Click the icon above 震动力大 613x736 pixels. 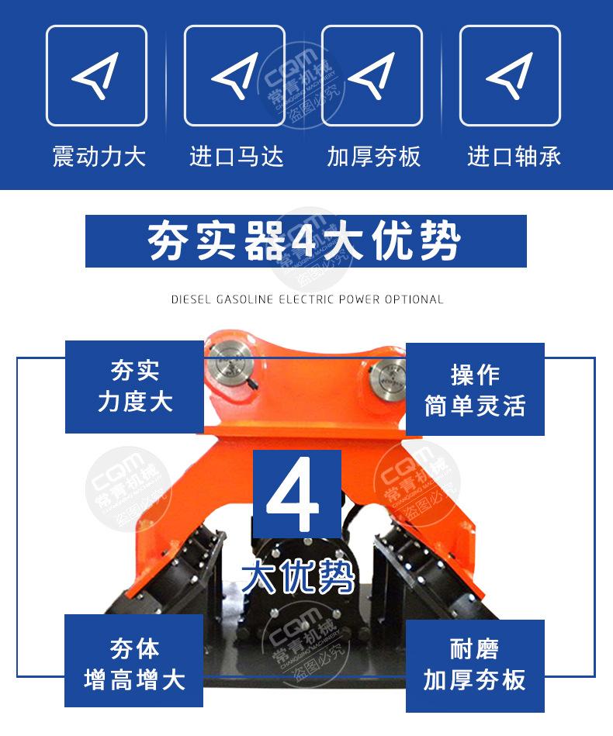click(96, 75)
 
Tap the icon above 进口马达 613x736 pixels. click(234, 75)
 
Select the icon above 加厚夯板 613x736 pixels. click(372, 75)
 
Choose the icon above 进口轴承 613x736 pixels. click(510, 75)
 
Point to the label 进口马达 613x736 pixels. click(237, 157)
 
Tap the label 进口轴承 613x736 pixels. click(514, 157)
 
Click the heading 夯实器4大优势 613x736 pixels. click(306, 241)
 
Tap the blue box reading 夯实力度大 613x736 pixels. click(134, 387)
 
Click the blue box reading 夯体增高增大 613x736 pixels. click(133, 662)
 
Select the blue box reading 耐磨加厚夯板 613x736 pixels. click(475, 665)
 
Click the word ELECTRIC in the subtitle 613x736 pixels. click(306, 299)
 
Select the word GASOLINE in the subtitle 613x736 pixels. click(244, 299)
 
